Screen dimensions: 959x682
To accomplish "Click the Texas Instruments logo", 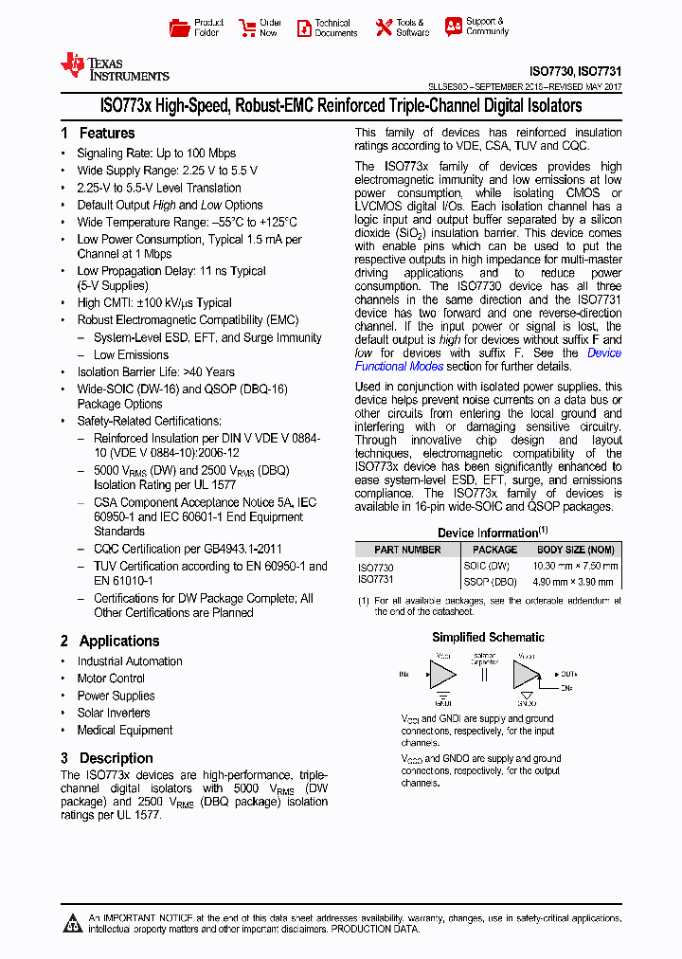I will tap(113, 65).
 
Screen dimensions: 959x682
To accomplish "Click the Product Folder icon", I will tap(179, 27).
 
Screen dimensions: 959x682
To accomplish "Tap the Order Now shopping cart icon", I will tap(248, 27).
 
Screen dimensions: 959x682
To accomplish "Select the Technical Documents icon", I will tap(304, 27).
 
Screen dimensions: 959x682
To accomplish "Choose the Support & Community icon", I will tap(454, 27).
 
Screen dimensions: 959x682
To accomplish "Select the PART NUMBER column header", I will tap(407, 550).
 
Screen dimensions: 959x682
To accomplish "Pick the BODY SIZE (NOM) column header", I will tap(576, 550).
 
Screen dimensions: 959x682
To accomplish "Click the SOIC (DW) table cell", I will tap(490, 566).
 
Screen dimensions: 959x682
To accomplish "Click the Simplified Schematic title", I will tap(488, 638).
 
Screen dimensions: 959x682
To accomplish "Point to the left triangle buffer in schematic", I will tap(441, 675).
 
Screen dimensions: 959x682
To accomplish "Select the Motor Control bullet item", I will tap(111, 679).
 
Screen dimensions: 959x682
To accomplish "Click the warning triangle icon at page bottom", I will tap(72, 923).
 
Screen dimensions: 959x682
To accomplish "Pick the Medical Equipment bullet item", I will tap(125, 731).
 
